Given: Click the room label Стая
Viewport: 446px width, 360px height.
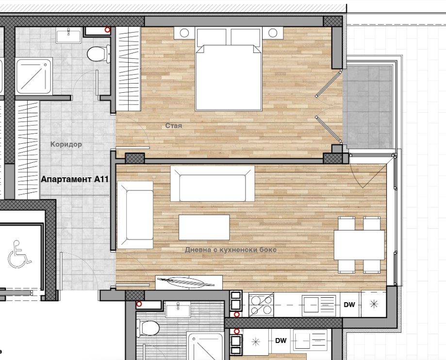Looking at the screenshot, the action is pos(174,126).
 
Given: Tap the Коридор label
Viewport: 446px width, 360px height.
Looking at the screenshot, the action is pos(66,144).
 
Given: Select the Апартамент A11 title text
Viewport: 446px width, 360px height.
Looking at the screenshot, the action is pos(75,179).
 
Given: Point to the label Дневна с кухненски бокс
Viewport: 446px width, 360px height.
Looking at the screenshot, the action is pos(231,250).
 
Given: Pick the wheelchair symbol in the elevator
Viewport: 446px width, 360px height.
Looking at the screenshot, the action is pos(19,255).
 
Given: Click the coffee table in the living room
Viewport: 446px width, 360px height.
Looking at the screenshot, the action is pos(204,227).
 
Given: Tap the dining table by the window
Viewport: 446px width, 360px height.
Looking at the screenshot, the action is pos(359,245).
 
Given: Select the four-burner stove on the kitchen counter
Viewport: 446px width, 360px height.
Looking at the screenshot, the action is pos(262,305).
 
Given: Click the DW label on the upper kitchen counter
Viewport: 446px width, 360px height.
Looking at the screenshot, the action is pos(349,305).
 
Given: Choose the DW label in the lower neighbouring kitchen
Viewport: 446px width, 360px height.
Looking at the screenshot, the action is pos(281,341).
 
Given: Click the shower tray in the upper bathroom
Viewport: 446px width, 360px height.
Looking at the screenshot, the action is pos(34,76).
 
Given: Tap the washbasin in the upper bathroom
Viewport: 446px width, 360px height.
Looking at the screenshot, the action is pos(68,35).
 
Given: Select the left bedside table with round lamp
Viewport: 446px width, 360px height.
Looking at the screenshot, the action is pos(184,33).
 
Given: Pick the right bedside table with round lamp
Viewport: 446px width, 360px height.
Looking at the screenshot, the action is pos(273,33).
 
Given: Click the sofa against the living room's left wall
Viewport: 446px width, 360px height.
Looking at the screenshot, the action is pos(135,215).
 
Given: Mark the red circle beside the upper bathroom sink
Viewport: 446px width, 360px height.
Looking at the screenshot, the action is pos(108,30).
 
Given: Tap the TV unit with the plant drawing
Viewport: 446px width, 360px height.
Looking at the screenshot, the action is pos(189,282).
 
